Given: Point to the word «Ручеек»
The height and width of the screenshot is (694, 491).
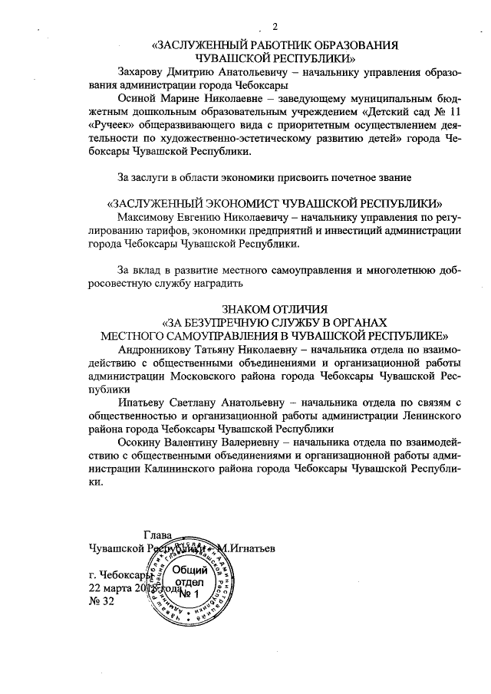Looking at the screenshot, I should pyautogui.click(x=114, y=126).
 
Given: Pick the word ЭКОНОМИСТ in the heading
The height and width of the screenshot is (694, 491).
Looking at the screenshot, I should pyautogui.click(x=253, y=204).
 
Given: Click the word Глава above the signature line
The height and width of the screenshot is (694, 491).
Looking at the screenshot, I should pyautogui.click(x=157, y=535).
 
